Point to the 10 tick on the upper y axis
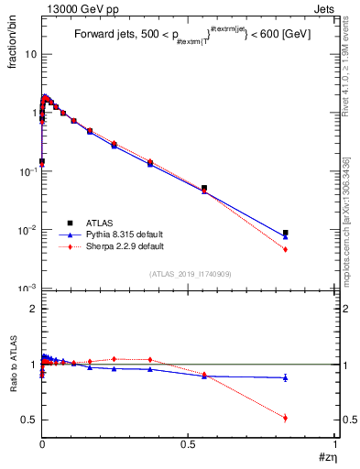tap(30, 54)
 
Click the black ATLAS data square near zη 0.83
tap(286, 233)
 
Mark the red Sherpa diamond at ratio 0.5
tap(286, 418)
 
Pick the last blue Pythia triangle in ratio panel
tap(286, 377)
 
